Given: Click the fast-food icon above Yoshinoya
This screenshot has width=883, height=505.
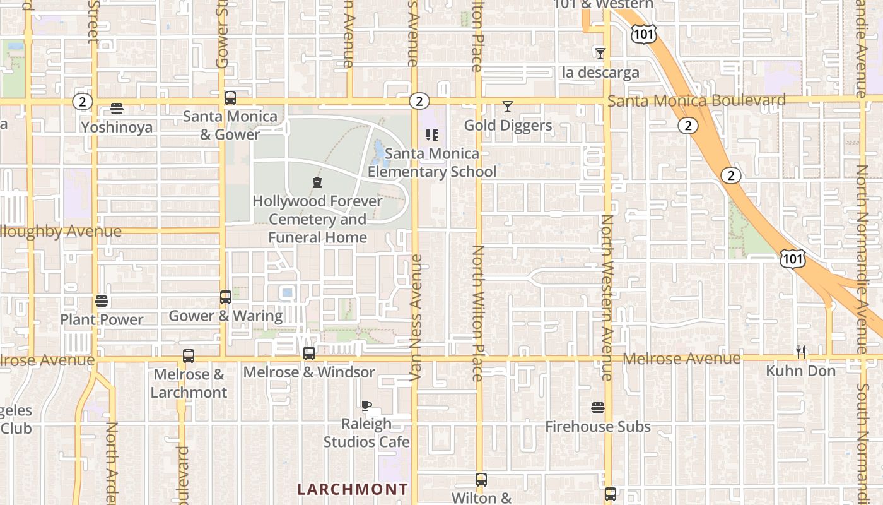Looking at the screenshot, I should (117, 109).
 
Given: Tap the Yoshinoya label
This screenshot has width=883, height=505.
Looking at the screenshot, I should (117, 128).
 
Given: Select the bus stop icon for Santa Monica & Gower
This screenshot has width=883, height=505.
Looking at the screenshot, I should (230, 98).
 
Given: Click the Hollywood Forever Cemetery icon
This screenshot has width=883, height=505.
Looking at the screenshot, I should (317, 183).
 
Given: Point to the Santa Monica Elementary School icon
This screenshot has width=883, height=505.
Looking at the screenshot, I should (432, 134).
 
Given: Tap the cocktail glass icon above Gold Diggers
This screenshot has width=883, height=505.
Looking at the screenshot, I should (508, 107).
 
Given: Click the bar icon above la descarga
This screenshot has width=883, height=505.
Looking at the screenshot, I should (600, 54).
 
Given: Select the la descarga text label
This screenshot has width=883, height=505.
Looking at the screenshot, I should (600, 73).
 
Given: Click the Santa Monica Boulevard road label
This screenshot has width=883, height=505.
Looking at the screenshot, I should (697, 100).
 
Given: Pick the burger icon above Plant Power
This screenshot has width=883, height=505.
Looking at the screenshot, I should (102, 301).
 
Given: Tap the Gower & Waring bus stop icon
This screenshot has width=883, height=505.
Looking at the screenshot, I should (226, 297).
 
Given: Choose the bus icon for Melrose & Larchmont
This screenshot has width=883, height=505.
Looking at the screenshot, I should (189, 356).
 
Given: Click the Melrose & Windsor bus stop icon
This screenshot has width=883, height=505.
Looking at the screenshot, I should (309, 353).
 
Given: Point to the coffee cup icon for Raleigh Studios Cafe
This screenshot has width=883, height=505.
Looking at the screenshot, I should (366, 405).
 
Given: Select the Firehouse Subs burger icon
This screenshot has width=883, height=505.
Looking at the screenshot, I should (598, 408).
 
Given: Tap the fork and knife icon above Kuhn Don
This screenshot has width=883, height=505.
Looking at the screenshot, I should (801, 352).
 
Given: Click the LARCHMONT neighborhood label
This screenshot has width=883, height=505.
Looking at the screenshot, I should (353, 489).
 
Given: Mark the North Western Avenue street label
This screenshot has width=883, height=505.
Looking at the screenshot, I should (607, 297).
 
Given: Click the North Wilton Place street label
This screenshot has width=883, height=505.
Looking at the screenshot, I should (477, 312).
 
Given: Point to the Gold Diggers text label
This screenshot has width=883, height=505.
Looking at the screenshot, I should (508, 126).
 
